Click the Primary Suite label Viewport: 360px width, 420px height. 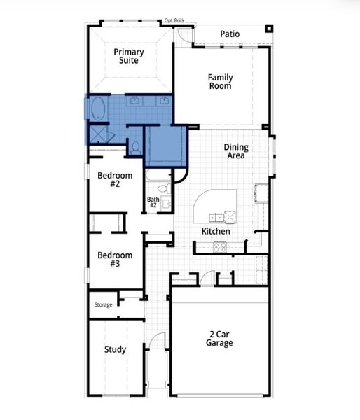tap(129, 56)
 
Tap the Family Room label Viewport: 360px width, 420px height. tap(220, 81)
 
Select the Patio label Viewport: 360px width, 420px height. tap(230, 34)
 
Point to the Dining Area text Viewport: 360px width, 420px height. tap(235, 151)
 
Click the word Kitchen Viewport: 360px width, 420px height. tap(216, 231)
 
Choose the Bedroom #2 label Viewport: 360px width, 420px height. tap(114, 179)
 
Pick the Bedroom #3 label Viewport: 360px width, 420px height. tap(114, 259)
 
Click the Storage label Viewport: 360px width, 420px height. tap(103, 305)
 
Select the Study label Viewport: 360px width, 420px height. tap(115, 349)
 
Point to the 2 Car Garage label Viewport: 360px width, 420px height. tap(219, 338)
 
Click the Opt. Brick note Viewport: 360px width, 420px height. tap(174, 21)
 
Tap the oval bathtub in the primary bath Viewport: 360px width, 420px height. tap(98, 109)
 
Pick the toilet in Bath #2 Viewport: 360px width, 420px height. tap(162, 188)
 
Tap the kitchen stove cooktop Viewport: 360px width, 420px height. tap(219, 246)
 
